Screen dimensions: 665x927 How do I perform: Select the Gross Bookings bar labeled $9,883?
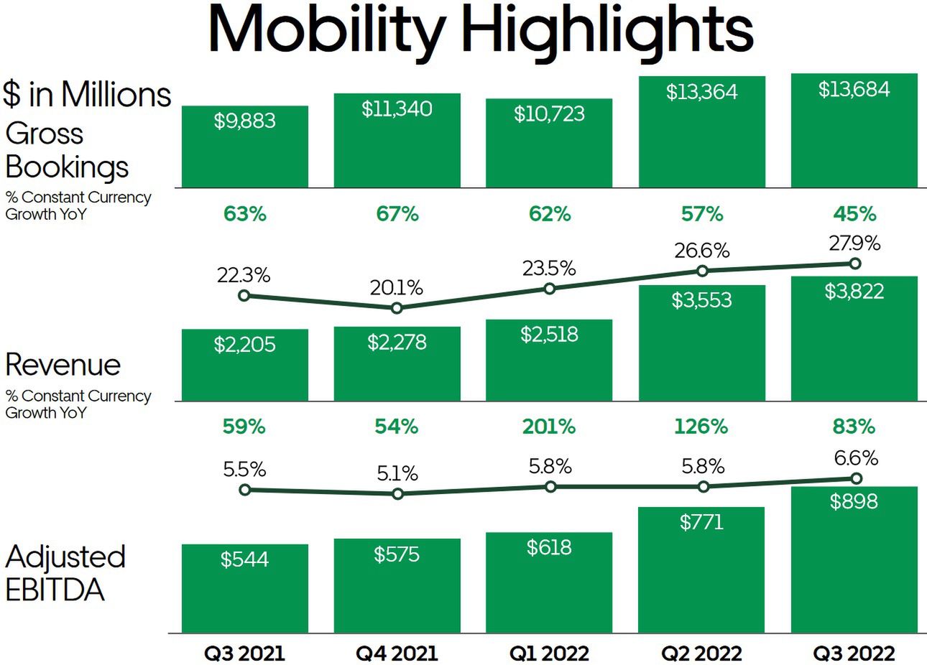(x=245, y=147)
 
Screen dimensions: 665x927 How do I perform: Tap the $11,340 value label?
(x=397, y=109)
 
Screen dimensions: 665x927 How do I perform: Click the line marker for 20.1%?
(x=397, y=308)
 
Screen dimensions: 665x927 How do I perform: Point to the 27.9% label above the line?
(x=854, y=243)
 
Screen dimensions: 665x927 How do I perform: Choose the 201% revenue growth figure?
(x=549, y=427)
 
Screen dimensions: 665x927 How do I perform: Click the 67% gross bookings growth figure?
(x=397, y=214)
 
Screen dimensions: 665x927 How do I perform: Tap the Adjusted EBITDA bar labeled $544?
(x=245, y=589)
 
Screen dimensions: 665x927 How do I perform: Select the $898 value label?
(x=854, y=501)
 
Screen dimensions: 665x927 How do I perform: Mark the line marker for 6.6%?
(x=855, y=478)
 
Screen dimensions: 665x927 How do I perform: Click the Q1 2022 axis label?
(x=549, y=654)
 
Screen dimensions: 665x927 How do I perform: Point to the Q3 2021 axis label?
(x=245, y=654)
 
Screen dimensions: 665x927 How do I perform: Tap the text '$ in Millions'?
(x=86, y=94)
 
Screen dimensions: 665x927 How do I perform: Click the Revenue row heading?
(x=63, y=365)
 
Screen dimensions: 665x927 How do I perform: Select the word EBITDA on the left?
(x=55, y=590)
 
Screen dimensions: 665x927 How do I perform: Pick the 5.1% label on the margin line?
(x=397, y=474)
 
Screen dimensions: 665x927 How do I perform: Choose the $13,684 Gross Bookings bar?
(x=854, y=133)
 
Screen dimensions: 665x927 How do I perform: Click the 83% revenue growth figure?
(x=854, y=427)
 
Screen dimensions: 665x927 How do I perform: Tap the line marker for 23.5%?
(x=550, y=289)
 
